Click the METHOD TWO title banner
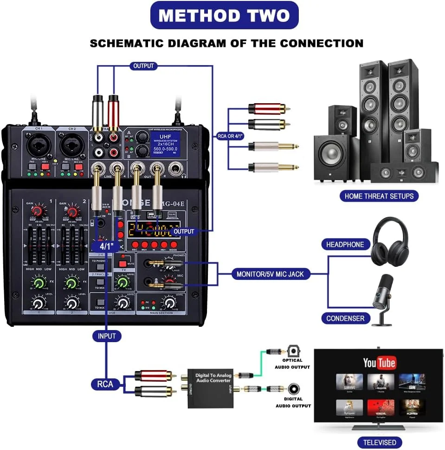(224, 15)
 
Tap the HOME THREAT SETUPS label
(379, 196)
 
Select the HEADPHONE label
(345, 245)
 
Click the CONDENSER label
(345, 318)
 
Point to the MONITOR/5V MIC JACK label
(271, 274)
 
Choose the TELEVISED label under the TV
(380, 442)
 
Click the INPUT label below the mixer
(107, 336)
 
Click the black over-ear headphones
(390, 241)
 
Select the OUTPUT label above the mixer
(143, 66)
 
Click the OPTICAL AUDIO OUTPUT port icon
(293, 350)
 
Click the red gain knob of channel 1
(37, 212)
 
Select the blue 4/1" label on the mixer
(106, 246)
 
